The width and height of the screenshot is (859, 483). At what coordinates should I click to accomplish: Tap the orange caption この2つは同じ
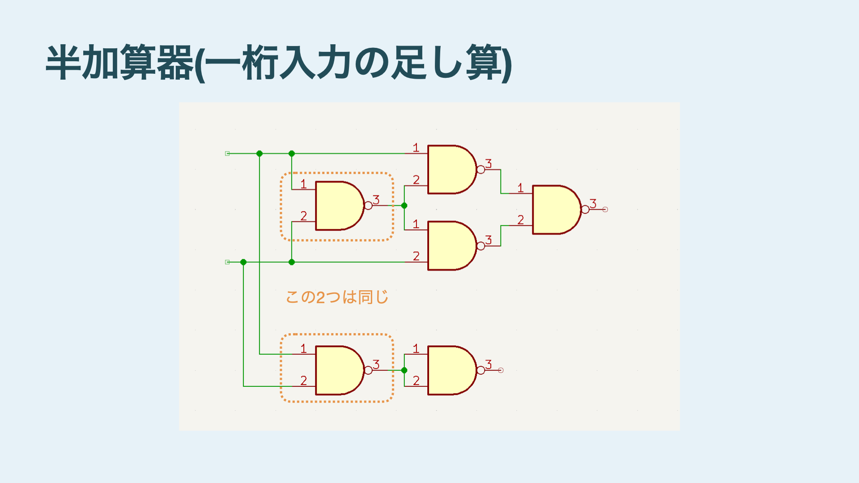[x=337, y=297]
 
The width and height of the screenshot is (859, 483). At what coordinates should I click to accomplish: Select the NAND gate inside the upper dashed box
[x=338, y=206]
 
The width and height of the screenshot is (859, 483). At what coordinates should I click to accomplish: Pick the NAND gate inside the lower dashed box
[x=338, y=370]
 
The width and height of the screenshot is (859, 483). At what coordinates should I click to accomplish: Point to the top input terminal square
[x=227, y=153]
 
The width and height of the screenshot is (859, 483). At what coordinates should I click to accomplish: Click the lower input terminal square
[x=227, y=262]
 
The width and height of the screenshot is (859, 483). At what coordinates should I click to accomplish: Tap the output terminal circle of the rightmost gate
[x=605, y=209]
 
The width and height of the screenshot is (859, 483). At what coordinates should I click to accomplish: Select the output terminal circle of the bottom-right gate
[x=501, y=370]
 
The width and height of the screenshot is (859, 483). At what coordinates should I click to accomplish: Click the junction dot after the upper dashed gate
[x=404, y=206]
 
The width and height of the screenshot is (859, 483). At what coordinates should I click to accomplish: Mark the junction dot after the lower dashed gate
[x=404, y=370]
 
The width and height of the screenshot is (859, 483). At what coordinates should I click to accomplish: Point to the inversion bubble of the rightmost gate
[x=585, y=209]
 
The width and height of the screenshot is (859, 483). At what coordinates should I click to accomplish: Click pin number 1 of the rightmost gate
[x=520, y=188]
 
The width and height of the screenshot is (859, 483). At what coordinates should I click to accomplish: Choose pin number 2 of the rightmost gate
[x=520, y=220]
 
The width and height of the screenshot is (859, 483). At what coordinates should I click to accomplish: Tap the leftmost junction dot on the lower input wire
[x=243, y=262]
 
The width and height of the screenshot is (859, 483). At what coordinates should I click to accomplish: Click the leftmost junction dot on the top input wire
[x=259, y=153]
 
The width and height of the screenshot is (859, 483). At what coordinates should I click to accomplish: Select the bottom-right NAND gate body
[x=451, y=370]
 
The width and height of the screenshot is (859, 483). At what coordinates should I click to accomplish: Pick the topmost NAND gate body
[x=451, y=169]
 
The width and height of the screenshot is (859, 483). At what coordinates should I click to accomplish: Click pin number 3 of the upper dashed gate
[x=376, y=199]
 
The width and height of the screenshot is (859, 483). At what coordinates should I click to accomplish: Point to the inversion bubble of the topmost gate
[x=481, y=169]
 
